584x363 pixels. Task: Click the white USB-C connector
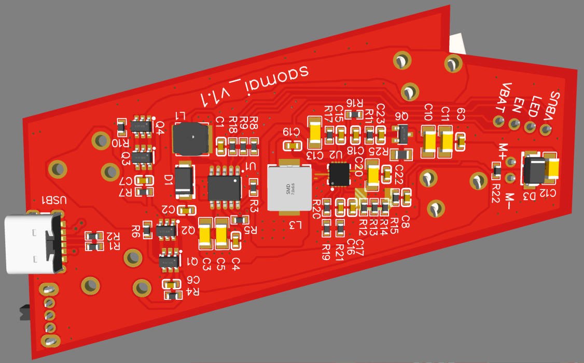pos(32,243)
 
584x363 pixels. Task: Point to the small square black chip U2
pos(340,174)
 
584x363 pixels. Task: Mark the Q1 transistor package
pos(169,258)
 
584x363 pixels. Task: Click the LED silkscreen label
pos(535,104)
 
